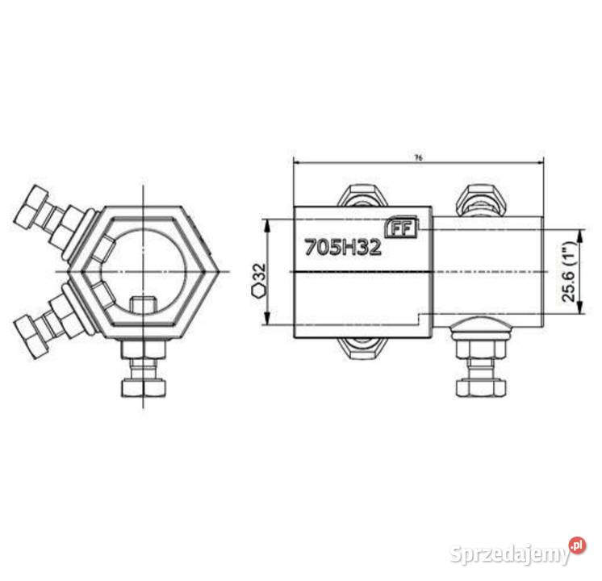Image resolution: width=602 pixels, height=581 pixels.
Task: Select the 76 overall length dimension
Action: (x=417, y=157)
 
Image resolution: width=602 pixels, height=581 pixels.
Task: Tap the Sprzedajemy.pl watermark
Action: (x=517, y=554)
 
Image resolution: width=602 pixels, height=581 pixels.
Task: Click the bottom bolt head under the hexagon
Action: (x=144, y=387)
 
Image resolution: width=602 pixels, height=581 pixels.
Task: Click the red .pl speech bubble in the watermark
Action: (x=577, y=546)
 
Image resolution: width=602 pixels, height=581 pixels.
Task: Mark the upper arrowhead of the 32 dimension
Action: (x=267, y=223)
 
